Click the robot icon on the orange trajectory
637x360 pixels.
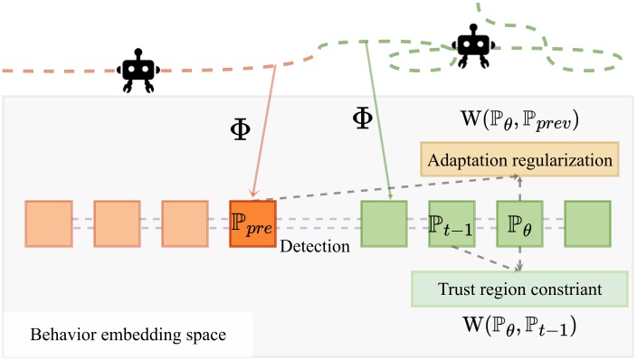click(x=138, y=72)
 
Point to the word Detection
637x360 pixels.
click(x=315, y=246)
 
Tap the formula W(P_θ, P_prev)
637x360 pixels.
click(x=519, y=119)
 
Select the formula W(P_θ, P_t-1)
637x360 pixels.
click(x=518, y=324)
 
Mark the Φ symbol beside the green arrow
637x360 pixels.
click(x=361, y=118)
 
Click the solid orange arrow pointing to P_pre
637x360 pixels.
click(x=265, y=136)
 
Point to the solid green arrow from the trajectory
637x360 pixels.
click(x=377, y=118)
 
